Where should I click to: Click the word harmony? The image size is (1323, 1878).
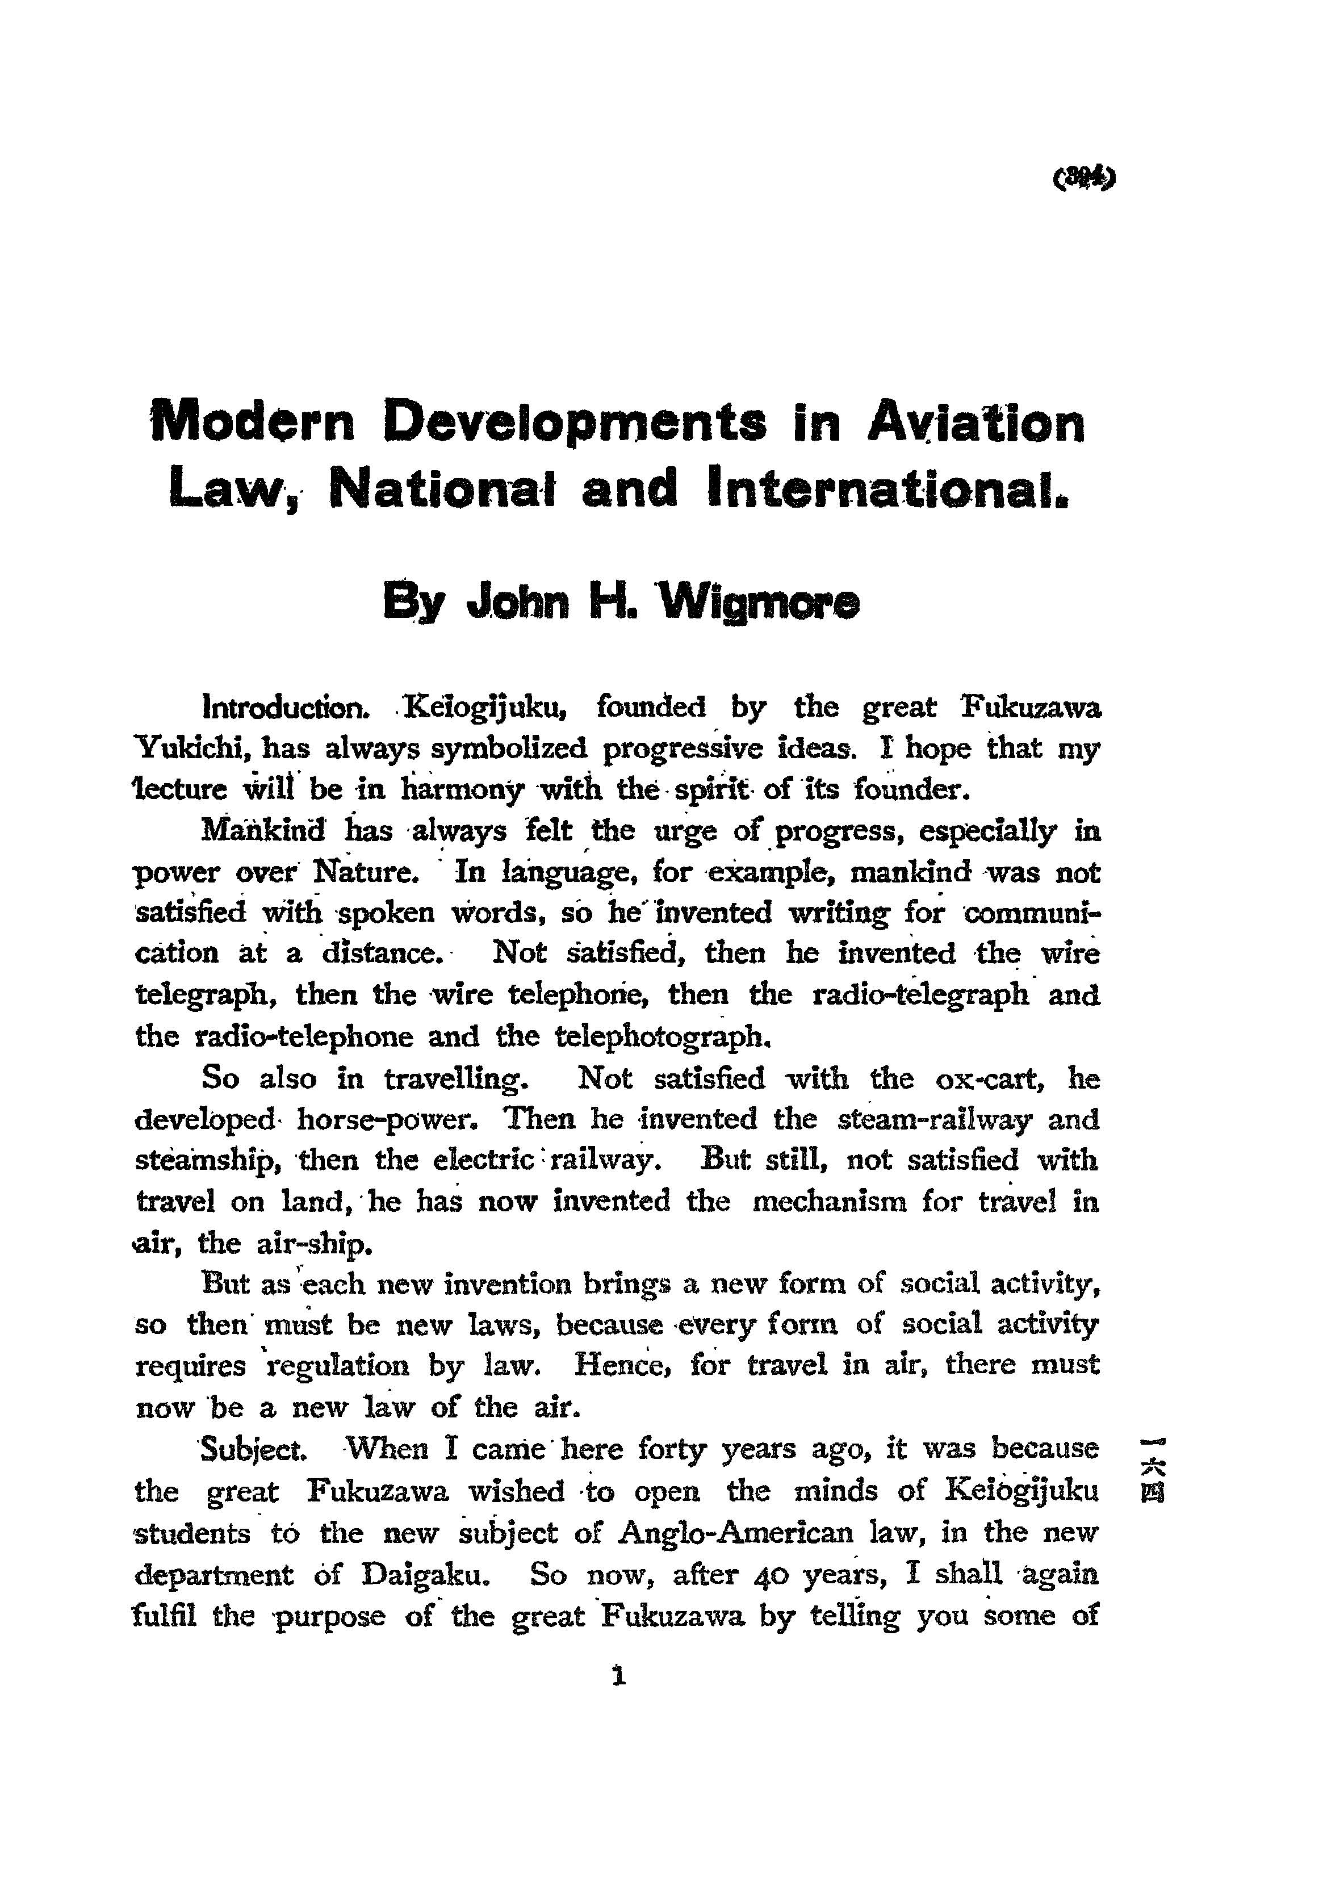(x=461, y=789)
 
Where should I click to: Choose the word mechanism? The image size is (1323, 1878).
(x=828, y=1202)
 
